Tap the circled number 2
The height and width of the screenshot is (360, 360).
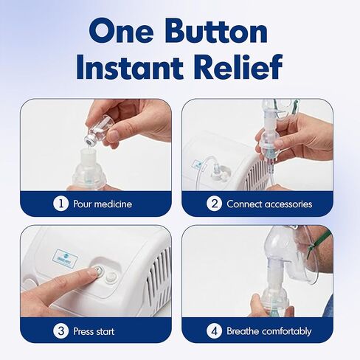pyautogui.click(x=214, y=204)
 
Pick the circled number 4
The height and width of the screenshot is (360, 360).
pyautogui.click(x=214, y=330)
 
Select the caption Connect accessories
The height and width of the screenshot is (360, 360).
pyautogui.click(x=269, y=204)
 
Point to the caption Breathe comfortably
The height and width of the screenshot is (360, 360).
pyautogui.click(x=268, y=330)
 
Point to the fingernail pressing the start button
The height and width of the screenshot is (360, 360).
pyautogui.click(x=92, y=273)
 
